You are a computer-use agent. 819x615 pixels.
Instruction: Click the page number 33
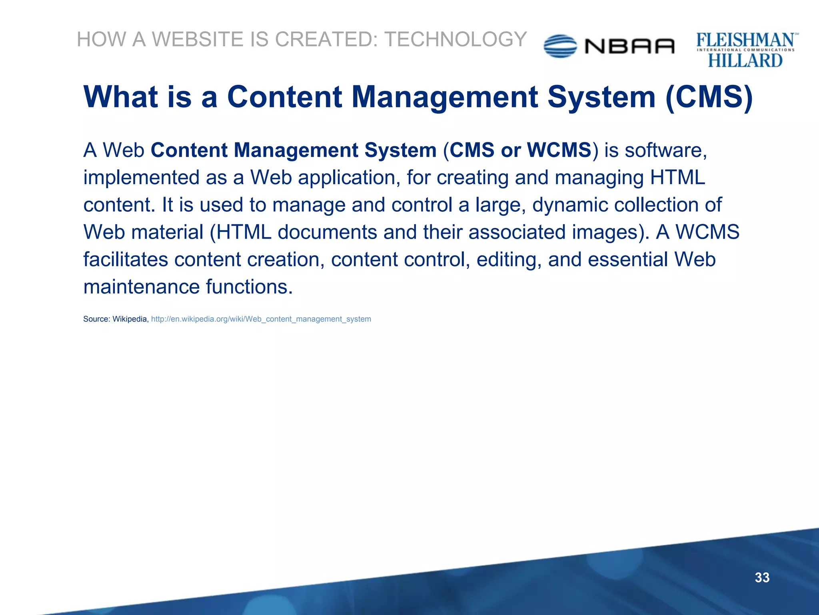coord(762,577)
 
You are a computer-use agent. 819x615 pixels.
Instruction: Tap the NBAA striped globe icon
coord(560,46)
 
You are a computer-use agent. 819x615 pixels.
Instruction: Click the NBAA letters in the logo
coord(630,46)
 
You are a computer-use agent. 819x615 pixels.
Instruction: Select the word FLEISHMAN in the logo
coord(745,40)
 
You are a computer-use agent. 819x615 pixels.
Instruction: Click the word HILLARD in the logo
coord(745,61)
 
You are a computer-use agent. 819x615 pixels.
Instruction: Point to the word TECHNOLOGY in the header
coord(455,39)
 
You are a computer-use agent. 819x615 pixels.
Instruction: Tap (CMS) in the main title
coord(709,97)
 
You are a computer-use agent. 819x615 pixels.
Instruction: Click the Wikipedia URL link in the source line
coord(261,319)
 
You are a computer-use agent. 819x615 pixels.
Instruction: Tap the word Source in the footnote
coord(96,319)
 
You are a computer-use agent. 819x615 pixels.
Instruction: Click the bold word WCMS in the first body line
coord(559,150)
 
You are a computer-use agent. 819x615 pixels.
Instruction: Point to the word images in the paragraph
coord(604,232)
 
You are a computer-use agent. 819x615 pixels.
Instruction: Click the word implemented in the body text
coord(141,177)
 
